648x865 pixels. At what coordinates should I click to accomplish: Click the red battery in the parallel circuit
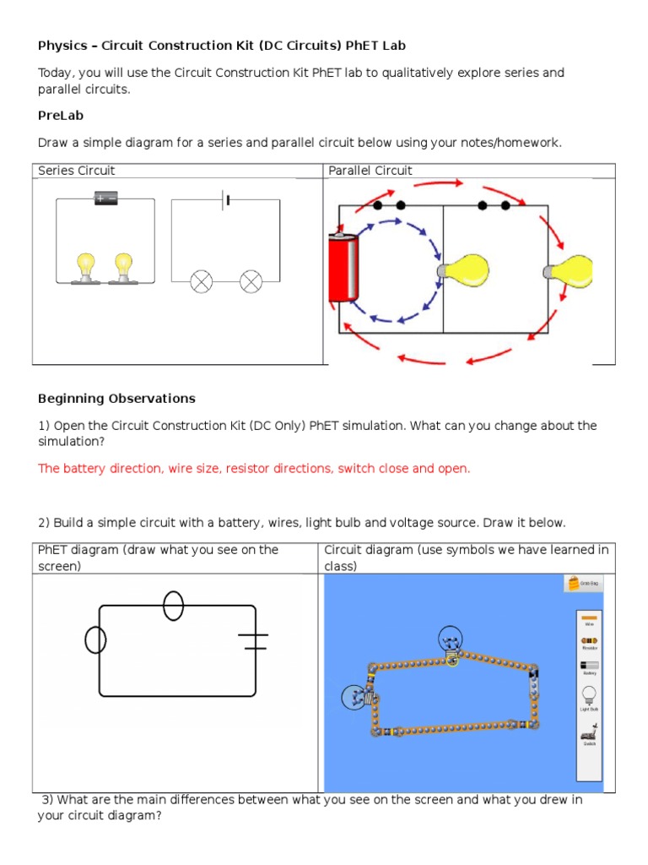coord(344,269)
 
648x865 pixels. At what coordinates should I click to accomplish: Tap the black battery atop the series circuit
coord(106,199)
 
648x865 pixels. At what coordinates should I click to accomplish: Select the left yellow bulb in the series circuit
coord(84,267)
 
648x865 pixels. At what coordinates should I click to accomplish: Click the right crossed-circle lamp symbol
coord(251,281)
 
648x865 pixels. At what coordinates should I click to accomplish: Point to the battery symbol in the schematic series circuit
coord(226,200)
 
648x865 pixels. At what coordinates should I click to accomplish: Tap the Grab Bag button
coord(583,583)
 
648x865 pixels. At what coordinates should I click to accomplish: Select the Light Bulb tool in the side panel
coord(589,699)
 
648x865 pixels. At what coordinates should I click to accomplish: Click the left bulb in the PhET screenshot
coord(356,697)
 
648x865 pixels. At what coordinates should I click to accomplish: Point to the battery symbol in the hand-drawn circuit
coord(253,641)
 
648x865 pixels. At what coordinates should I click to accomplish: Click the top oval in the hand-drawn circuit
coord(173,606)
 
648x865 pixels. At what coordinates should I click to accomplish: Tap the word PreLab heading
coord(61,115)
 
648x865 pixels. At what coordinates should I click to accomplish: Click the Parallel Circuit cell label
coord(370,171)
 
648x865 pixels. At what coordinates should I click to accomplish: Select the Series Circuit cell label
coord(76,171)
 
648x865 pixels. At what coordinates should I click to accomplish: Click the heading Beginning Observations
coord(116,398)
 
